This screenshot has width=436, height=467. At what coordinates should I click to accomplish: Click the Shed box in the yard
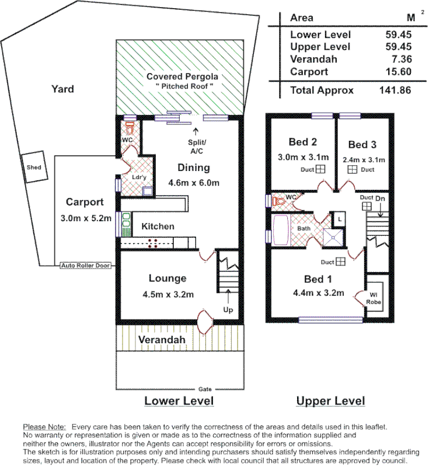34,167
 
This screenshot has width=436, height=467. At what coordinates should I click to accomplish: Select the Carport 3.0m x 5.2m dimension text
85,218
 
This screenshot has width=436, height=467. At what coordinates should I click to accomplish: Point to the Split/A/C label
195,147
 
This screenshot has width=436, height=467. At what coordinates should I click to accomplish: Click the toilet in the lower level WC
130,128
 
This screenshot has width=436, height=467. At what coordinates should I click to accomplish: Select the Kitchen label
158,226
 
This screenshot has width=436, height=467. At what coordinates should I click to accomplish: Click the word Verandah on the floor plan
162,339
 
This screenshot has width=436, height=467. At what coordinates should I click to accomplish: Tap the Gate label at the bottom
204,389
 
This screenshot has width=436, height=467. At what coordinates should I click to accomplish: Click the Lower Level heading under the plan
179,401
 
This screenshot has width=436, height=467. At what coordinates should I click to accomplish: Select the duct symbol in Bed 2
320,170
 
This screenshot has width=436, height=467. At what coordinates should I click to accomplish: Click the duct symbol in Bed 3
352,170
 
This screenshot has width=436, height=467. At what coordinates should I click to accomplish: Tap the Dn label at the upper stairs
380,199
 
